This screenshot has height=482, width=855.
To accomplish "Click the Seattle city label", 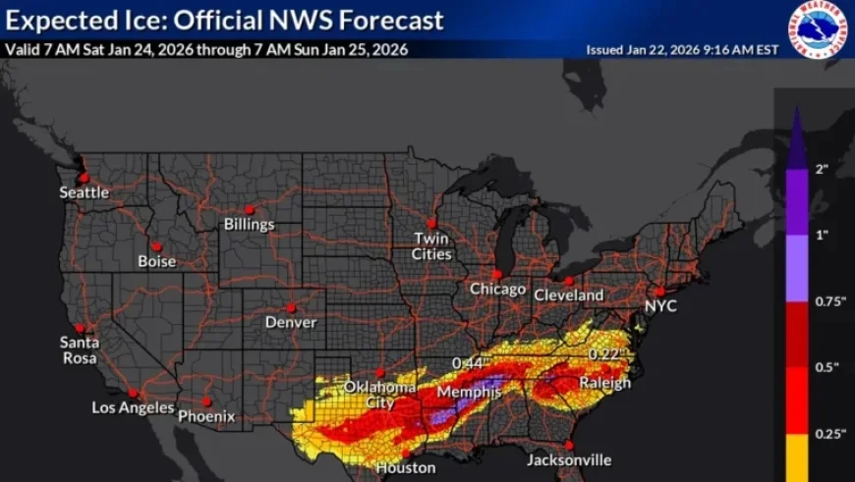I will pyautogui.click(x=84, y=192).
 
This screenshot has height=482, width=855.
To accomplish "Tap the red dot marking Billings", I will pyautogui.click(x=248, y=208).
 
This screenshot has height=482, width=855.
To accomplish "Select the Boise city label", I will pyautogui.click(x=156, y=261).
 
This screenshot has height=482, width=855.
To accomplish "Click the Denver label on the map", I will pyautogui.click(x=291, y=322).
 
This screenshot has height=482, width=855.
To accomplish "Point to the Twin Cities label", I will pyautogui.click(x=431, y=246).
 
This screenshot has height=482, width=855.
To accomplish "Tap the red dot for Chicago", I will pyautogui.click(x=497, y=274).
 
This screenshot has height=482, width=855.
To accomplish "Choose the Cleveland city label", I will pyautogui.click(x=568, y=295).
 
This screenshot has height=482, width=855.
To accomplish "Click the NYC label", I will pyautogui.click(x=660, y=306).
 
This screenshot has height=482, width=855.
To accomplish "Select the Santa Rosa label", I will pyautogui.click(x=79, y=350).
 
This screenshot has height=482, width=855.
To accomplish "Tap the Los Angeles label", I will pyautogui.click(x=133, y=407).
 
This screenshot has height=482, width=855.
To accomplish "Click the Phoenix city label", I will pyautogui.click(x=206, y=416).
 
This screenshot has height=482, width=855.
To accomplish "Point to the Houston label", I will pyautogui.click(x=405, y=467).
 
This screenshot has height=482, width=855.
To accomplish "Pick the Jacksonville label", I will pyautogui.click(x=568, y=459).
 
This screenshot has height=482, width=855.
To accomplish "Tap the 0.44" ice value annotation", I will pyautogui.click(x=470, y=364).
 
